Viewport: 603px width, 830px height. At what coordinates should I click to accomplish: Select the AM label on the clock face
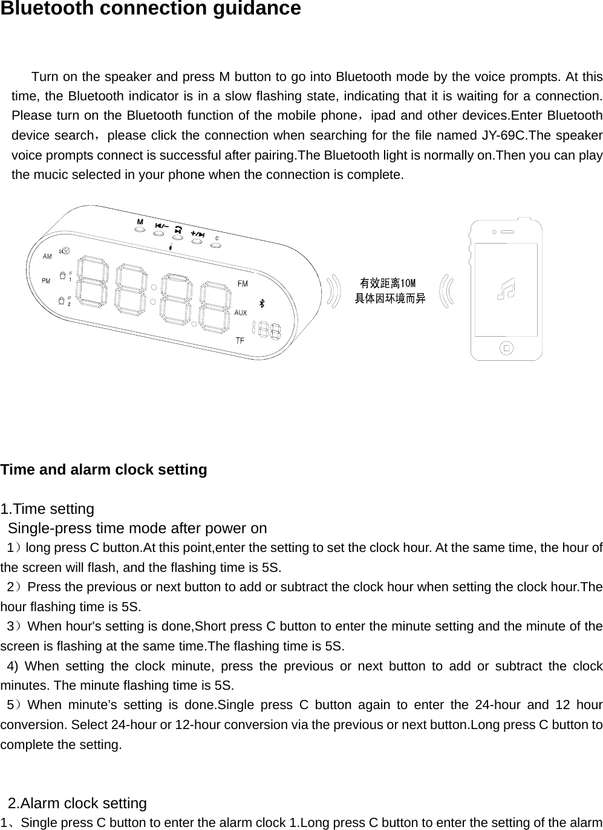tap(47, 256)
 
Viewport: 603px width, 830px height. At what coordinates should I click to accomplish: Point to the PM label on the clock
tap(46, 280)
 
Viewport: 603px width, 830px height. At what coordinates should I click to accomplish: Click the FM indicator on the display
tap(242, 284)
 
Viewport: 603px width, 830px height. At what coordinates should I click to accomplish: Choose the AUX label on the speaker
tap(241, 313)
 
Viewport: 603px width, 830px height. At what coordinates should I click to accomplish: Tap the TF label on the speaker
tap(240, 340)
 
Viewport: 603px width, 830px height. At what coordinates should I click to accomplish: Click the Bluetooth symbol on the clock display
tap(262, 303)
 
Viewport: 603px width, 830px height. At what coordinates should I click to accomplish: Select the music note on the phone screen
tap(505, 289)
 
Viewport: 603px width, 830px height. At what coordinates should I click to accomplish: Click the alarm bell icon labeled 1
tap(62, 276)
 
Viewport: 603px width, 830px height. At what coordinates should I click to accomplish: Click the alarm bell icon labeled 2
tap(62, 300)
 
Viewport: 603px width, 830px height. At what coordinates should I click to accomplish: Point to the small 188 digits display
tap(267, 330)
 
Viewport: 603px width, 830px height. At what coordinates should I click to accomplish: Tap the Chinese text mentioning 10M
tap(388, 284)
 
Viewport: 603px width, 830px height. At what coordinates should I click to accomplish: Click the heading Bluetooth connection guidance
tap(151, 9)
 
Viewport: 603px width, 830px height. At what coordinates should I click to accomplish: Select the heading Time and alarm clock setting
tap(104, 470)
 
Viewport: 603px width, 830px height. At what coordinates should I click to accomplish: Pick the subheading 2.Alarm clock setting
tap(77, 803)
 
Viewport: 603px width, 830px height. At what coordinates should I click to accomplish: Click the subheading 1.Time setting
tap(48, 509)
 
